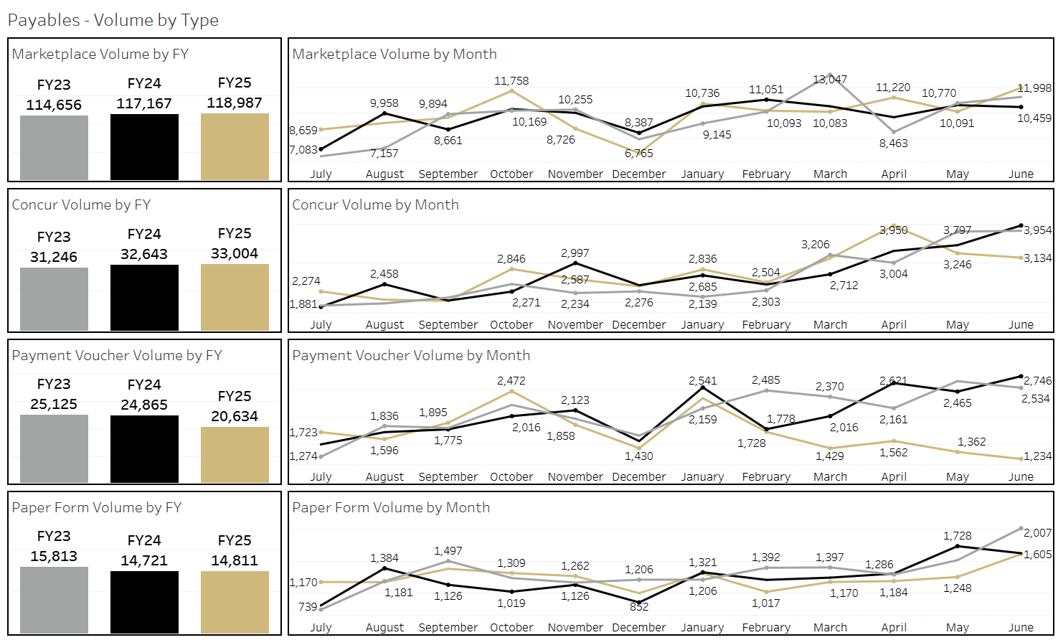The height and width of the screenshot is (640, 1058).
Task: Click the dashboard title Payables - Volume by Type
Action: (113, 20)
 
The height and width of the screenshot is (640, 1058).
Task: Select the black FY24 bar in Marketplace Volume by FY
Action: (144, 147)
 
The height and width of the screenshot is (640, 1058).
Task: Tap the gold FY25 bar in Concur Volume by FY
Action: (235, 297)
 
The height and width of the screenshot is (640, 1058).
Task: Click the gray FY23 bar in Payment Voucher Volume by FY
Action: (54, 448)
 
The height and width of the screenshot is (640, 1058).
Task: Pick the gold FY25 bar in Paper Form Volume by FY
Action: (235, 602)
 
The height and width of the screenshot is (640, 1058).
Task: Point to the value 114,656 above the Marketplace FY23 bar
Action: (54, 105)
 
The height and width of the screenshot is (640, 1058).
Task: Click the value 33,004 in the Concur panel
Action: (235, 253)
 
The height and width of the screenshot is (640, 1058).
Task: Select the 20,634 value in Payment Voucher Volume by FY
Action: (235, 416)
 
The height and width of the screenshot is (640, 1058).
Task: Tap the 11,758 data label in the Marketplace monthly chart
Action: (511, 81)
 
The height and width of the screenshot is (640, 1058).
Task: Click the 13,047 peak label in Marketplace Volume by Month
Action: (830, 80)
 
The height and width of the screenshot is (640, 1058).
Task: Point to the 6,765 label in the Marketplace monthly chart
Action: (639, 153)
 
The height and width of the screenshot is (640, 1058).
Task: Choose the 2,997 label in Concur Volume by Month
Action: (575, 253)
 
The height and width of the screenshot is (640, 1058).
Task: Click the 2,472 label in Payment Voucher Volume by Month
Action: (511, 381)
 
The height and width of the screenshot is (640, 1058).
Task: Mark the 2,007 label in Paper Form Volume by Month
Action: (1037, 533)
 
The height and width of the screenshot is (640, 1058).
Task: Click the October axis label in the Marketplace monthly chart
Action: (511, 174)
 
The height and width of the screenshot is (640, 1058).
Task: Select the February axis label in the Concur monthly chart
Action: (766, 325)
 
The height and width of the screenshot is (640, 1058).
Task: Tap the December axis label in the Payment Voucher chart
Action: (639, 477)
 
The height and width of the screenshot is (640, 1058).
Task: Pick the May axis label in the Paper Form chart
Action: (958, 628)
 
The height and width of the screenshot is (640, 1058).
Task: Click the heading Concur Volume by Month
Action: (375, 204)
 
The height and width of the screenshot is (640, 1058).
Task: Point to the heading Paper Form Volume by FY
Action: (97, 507)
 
